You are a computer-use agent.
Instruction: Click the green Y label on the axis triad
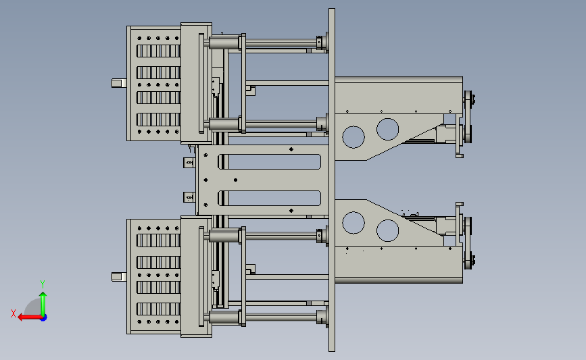(43, 284)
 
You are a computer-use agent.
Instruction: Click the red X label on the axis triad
(14, 313)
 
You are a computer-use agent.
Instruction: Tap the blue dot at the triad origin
(44, 318)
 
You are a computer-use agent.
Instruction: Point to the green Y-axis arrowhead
(43, 295)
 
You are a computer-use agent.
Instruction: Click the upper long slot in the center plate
(269, 161)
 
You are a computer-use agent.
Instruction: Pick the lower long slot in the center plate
(269, 199)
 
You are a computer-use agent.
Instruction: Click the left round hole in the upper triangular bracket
(353, 137)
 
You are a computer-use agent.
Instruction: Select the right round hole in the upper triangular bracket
(387, 129)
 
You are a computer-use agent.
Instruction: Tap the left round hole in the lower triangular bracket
(353, 223)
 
